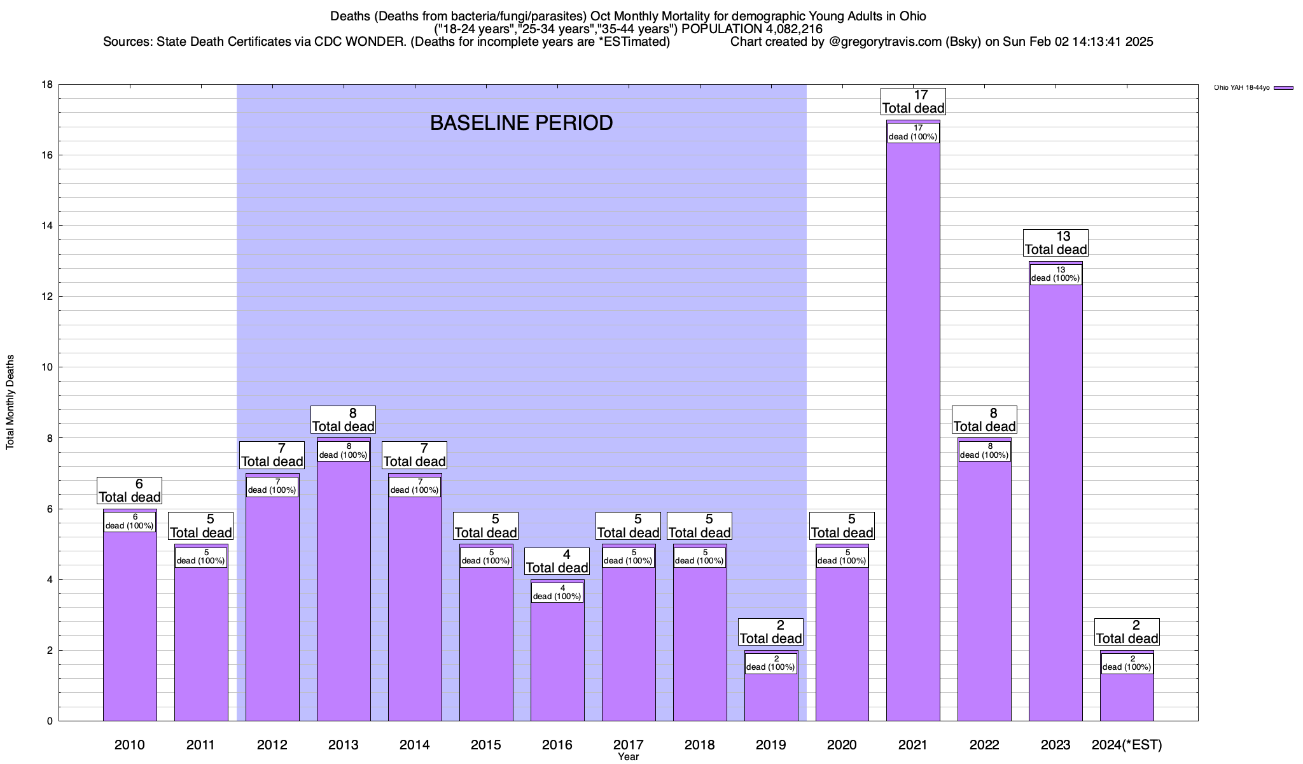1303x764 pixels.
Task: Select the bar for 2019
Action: point(770,697)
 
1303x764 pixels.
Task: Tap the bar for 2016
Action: point(557,662)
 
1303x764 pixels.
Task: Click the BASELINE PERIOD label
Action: point(521,123)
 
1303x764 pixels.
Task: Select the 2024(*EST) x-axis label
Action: point(1126,744)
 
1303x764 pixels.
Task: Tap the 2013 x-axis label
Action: point(343,744)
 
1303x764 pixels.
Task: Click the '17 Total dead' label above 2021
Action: point(913,102)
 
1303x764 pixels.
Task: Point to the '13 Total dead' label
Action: point(1056,243)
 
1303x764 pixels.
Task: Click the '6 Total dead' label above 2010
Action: point(129,491)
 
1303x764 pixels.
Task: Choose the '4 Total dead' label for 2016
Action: point(557,562)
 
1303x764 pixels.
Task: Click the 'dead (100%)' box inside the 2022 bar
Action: point(984,451)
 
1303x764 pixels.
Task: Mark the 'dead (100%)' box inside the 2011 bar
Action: point(200,557)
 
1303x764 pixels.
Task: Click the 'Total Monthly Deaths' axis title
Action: point(10,402)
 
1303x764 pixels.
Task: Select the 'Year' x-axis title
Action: point(628,757)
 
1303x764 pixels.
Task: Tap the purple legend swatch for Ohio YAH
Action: point(1283,88)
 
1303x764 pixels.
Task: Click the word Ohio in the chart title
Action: point(910,16)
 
